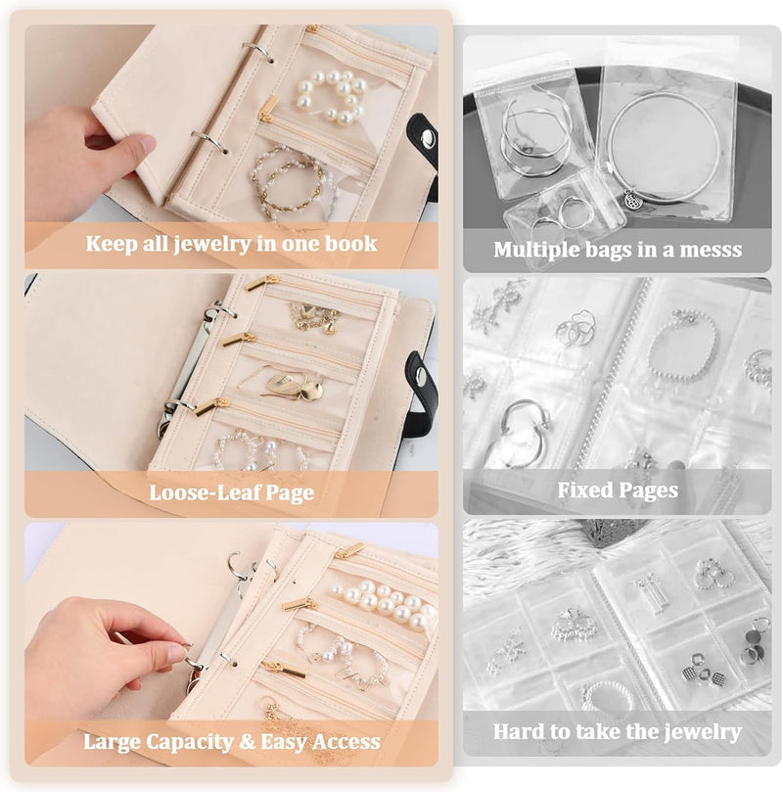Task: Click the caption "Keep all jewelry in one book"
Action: point(231,243)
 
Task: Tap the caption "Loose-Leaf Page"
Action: point(231,491)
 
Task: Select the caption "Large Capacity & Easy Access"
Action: point(231,741)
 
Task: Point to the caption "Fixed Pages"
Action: point(618,489)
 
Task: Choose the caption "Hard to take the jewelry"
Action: point(618,731)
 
